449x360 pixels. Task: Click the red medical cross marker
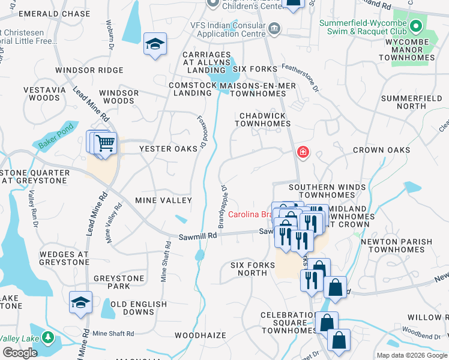pos(303,152)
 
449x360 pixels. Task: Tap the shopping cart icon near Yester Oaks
pos(105,144)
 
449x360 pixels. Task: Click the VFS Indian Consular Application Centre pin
pos(274,28)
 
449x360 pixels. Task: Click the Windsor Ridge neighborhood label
pos(89,70)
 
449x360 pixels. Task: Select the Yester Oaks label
pos(169,149)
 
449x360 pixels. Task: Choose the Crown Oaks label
pos(381,150)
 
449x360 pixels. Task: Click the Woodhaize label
pos(200,335)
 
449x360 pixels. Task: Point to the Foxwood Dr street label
pos(202,133)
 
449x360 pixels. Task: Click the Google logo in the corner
pos(20,353)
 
